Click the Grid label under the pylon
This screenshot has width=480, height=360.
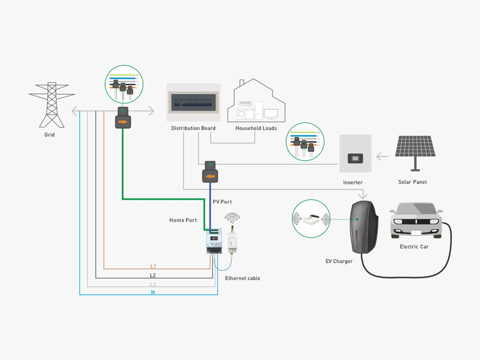click(x=50, y=135)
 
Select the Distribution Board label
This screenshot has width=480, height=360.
click(x=193, y=128)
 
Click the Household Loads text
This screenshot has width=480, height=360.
click(x=256, y=128)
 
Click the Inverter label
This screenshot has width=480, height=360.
click(x=353, y=182)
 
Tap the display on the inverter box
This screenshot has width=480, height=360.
click(x=355, y=158)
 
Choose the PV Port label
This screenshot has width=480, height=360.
click(x=222, y=202)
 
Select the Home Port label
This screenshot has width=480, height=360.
click(x=183, y=221)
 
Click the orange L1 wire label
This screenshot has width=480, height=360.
click(x=153, y=266)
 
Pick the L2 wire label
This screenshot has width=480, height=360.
click(x=153, y=275)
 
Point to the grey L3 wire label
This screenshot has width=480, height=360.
click(x=153, y=284)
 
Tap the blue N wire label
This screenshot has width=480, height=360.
click(x=153, y=293)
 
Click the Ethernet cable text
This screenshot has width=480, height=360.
click(x=242, y=278)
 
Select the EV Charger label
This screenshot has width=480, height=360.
click(x=339, y=262)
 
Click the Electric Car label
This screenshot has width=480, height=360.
click(x=414, y=247)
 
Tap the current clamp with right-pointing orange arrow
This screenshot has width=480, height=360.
click(x=123, y=122)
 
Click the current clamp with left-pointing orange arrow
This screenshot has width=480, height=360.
click(x=210, y=176)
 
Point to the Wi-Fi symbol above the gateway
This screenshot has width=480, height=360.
click(x=232, y=218)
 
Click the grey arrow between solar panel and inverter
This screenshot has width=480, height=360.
click(x=382, y=157)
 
